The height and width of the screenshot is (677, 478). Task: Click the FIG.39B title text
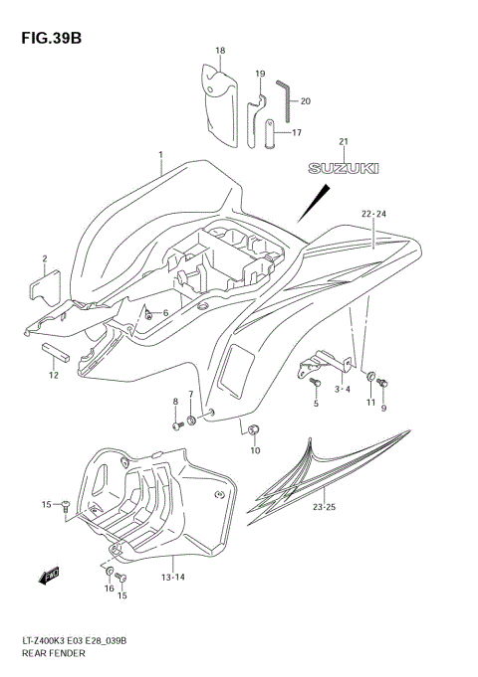click(x=46, y=38)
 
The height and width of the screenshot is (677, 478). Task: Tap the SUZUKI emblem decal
click(x=344, y=168)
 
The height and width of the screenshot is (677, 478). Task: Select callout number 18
click(x=220, y=51)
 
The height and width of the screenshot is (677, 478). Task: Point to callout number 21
click(x=344, y=141)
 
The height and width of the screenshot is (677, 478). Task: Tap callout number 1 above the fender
click(x=159, y=155)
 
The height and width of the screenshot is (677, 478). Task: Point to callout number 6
click(x=166, y=313)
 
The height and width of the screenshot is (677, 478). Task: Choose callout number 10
click(x=254, y=450)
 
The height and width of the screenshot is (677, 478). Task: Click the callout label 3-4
click(x=342, y=390)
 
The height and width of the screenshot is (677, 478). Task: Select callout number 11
click(x=369, y=403)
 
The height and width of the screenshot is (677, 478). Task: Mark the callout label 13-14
click(x=172, y=577)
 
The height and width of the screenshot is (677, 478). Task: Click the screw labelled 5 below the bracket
click(x=316, y=383)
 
